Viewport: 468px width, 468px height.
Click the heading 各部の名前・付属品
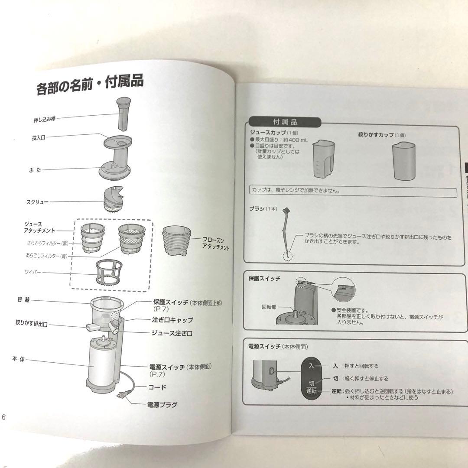pyautogui.click(x=90, y=85)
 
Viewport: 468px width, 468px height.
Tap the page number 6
pyautogui.click(x=3, y=417)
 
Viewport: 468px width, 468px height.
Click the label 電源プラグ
pyautogui.click(x=162, y=405)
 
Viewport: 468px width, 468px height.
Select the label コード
pyautogui.click(x=157, y=387)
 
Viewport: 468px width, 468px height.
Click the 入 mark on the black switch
pyautogui.click(x=311, y=366)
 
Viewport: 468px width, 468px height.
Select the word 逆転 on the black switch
pyautogui.click(x=311, y=390)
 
